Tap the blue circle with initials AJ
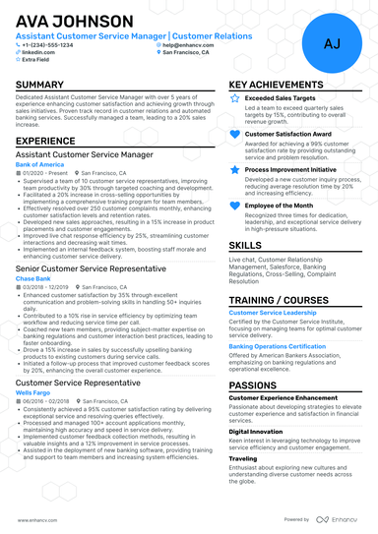pos(332,43)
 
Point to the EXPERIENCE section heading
pos(45,142)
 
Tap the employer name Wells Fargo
pos(32,391)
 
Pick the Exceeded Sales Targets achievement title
pos(281,98)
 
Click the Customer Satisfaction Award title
pos(287,133)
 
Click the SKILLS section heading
pos(246,246)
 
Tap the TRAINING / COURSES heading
pos(278,300)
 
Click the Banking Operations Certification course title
pos(278,346)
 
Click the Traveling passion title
pos(244,457)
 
